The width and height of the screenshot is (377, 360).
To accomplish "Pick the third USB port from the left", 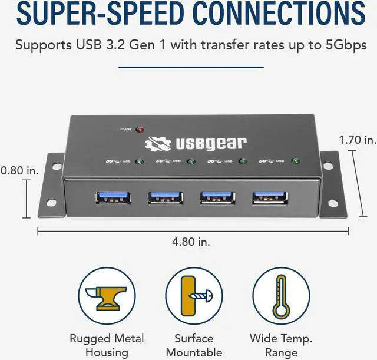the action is click(x=217, y=198).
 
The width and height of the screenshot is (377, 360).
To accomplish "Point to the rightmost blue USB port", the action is click(x=270, y=198).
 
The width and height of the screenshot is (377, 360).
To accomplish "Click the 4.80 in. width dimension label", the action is click(x=191, y=242).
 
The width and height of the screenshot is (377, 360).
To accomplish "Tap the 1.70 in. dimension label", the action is click(x=357, y=140).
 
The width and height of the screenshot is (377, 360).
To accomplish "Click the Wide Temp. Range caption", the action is click(x=281, y=345).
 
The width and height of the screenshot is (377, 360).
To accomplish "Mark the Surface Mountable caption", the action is click(x=193, y=345).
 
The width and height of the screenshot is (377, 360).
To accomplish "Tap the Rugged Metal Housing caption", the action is click(x=107, y=345).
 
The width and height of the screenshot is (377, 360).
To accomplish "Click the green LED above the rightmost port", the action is click(x=295, y=161).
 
